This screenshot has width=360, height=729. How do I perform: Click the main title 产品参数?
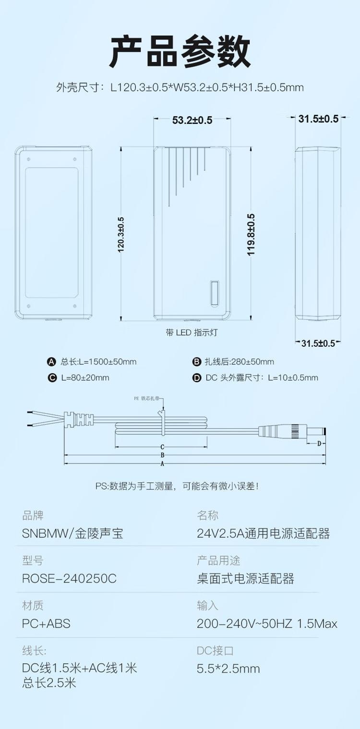tap(180, 51)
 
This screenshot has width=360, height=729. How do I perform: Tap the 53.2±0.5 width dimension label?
tap(192, 120)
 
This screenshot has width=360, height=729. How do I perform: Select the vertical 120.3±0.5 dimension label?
tap(120, 235)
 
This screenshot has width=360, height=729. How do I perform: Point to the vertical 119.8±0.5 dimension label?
tap(251, 235)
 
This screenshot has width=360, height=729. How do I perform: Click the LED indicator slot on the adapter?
tap(214, 293)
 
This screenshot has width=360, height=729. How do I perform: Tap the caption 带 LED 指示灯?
tap(192, 333)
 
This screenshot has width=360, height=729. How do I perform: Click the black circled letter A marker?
tap(52, 362)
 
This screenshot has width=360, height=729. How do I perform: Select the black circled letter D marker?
tap(197, 378)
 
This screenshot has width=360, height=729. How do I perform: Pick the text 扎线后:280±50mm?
tap(240, 362)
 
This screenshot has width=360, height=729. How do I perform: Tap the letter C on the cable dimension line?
tap(162, 447)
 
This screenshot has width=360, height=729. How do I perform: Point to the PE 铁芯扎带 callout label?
tap(147, 398)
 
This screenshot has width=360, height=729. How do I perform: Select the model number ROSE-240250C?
tap(69, 578)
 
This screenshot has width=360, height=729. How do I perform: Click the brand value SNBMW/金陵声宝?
tap(72, 534)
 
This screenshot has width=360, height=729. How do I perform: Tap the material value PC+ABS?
tap(46, 623)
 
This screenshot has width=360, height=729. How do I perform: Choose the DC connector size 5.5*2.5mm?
tap(228, 669)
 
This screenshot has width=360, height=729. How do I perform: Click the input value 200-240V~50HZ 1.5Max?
tap(267, 623)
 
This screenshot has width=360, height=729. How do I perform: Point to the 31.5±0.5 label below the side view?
tap(318, 343)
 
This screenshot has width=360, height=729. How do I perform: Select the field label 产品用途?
tap(218, 560)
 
